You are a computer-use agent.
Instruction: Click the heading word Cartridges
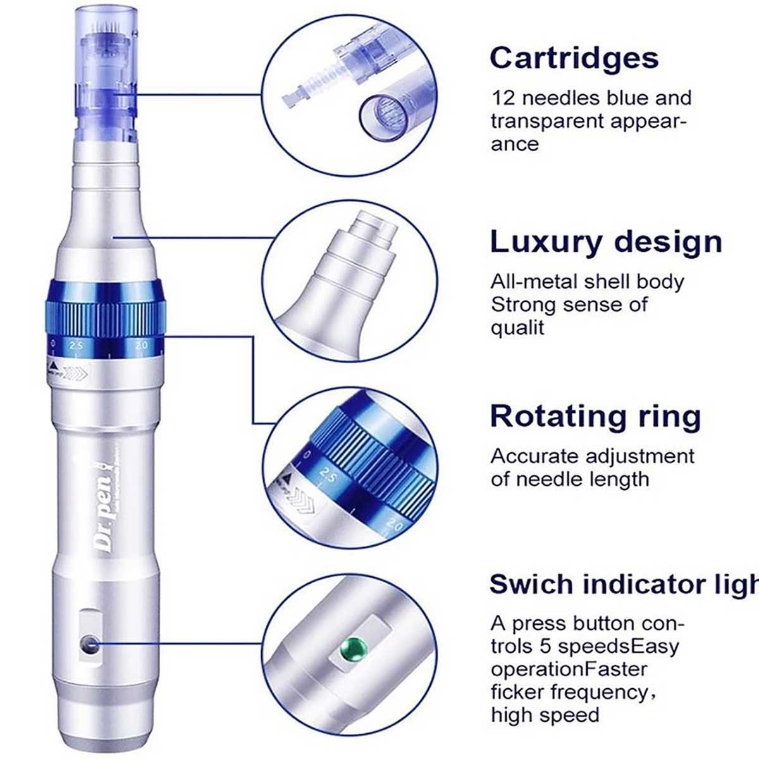(x=574, y=58)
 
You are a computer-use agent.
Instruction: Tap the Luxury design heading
(x=605, y=242)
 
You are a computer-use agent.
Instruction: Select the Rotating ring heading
(x=595, y=416)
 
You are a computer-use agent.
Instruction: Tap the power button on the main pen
(x=89, y=645)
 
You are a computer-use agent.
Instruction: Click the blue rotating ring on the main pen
(x=104, y=310)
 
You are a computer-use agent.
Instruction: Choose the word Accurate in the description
(x=534, y=456)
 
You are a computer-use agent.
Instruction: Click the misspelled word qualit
(x=517, y=327)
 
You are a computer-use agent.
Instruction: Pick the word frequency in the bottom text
(x=599, y=692)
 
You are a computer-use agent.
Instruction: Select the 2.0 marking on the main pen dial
(x=140, y=345)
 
